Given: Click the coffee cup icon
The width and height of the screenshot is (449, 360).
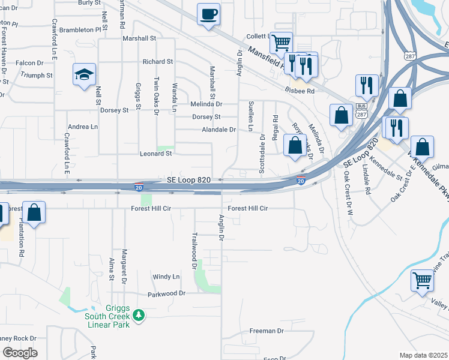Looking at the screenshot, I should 208,14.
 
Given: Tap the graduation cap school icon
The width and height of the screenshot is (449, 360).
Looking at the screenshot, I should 85,74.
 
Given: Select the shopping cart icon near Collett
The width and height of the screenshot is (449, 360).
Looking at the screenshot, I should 281,43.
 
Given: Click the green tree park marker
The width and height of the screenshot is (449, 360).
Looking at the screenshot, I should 139,315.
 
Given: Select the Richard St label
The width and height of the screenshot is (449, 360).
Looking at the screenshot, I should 157,61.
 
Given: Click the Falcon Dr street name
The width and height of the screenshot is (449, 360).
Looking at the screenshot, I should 29,62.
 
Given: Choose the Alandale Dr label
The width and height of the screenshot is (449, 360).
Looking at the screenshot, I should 218,130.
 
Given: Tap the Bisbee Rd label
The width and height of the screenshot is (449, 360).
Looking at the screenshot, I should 300,91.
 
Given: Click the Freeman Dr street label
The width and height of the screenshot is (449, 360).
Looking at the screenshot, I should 266,331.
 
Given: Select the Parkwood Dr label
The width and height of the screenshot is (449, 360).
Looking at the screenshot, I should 167,294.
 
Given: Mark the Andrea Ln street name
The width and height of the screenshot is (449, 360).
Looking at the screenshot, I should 83,127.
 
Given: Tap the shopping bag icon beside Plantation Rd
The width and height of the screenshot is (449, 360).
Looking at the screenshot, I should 35,213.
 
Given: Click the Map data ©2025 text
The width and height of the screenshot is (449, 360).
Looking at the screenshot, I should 423,355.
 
